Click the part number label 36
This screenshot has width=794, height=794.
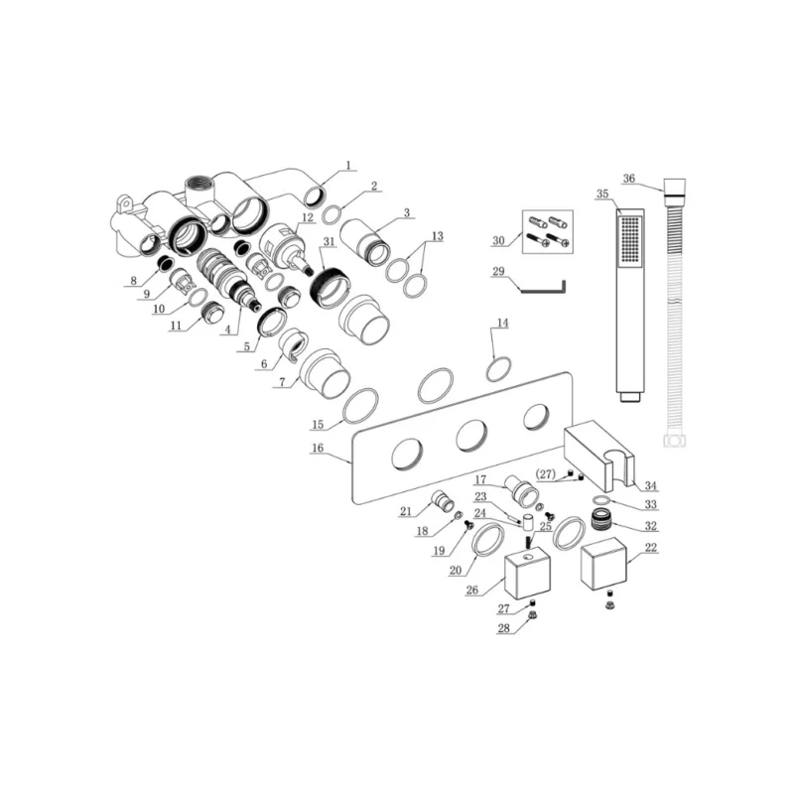[x=628, y=179]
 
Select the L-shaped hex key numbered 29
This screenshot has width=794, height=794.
[x=544, y=287]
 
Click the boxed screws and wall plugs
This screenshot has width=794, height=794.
[x=548, y=232]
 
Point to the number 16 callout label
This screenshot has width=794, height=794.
[x=318, y=448]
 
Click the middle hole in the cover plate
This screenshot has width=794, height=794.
[x=471, y=436]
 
